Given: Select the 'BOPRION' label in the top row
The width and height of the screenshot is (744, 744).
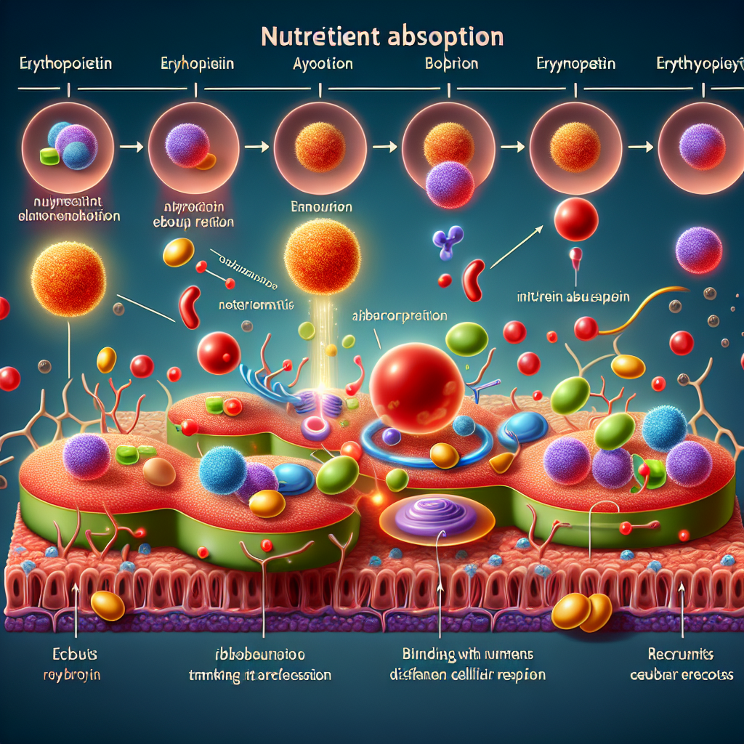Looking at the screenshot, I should point(450,64).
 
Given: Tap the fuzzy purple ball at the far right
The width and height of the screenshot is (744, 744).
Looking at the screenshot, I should point(699,249).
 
